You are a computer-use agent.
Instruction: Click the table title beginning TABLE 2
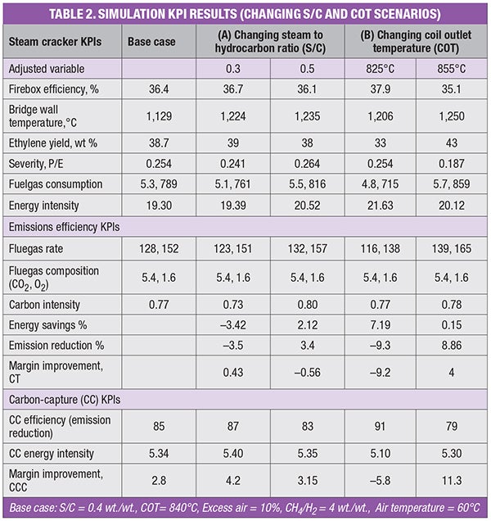point(245,14)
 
